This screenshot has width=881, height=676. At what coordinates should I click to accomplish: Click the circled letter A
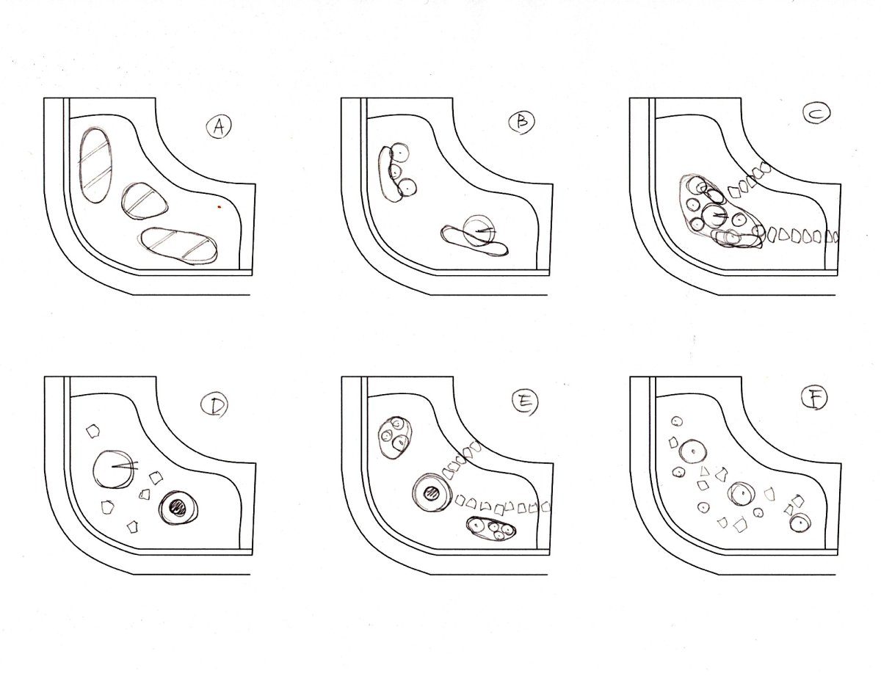[219, 127]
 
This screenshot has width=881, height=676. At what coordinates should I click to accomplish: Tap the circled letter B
[522, 121]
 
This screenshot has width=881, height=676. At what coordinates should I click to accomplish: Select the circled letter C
[816, 114]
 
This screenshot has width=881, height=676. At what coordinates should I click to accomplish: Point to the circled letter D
[214, 407]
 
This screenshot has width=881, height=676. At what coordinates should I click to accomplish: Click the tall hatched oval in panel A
[95, 165]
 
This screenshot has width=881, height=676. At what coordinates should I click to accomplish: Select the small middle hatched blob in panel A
[145, 201]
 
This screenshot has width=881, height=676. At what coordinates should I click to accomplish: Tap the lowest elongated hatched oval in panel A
[179, 246]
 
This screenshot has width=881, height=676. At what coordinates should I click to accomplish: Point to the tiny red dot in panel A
[220, 207]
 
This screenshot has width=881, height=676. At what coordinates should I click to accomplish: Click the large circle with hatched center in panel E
[432, 494]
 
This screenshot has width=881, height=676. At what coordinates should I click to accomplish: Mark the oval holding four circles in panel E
[491, 528]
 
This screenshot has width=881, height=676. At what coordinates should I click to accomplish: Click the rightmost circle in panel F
[800, 523]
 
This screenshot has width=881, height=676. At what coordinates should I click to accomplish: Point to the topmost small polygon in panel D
[93, 430]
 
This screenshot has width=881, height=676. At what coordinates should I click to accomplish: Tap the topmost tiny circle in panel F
[676, 422]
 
